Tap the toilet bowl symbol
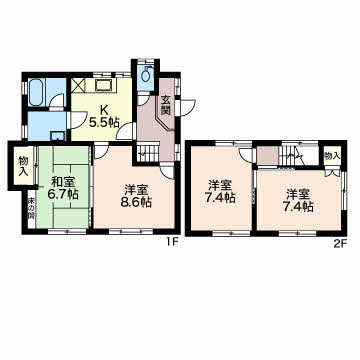click(x=146, y=75)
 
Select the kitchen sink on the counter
click(x=103, y=85)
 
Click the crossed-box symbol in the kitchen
click(x=78, y=85)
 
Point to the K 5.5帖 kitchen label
click(x=104, y=116)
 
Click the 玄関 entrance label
click(x=166, y=104)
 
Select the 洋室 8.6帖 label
click(x=136, y=196)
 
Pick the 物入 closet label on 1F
click(x=23, y=165)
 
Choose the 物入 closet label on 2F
click(x=332, y=155)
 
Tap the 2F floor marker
click(x=341, y=244)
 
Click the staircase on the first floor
click(x=149, y=155)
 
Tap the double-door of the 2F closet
click(x=332, y=173)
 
